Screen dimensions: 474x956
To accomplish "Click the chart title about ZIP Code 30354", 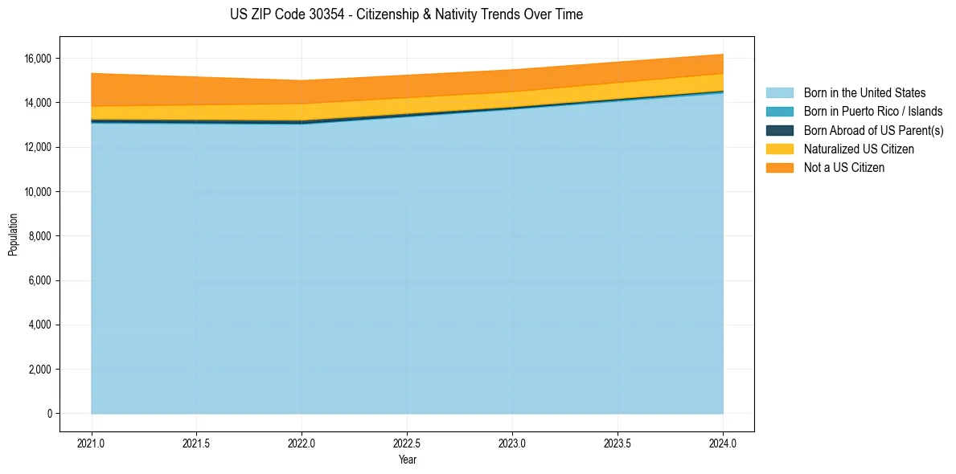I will pos(406,14).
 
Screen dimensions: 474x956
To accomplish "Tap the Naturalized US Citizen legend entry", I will pos(859,149).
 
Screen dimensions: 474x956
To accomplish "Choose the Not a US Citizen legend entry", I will pos(844,168).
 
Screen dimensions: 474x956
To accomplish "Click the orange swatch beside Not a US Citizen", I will pos(779,168).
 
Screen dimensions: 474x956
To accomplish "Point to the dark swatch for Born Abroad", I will pos(779,130).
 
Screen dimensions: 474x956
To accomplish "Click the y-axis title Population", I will pos(13,235).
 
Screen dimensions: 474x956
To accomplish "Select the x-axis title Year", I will pos(407,460).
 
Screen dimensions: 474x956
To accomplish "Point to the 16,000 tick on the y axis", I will pos(38,59).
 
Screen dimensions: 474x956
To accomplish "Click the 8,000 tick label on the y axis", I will pos(40,236).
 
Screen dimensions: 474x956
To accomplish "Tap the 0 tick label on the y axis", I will pos(48,414).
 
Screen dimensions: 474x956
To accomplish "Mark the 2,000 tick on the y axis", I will pos(40,370).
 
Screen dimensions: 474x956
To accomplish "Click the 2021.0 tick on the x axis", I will pos(92,443).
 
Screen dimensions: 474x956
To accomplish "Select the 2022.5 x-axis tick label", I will pos(407,443).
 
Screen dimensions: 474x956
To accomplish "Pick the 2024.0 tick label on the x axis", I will pos(723,443).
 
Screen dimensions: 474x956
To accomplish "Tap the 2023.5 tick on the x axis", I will pos(618,443).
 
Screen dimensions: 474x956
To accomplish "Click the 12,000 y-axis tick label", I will pos(38,148).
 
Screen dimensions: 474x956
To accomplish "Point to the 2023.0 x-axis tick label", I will pos(512,443).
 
